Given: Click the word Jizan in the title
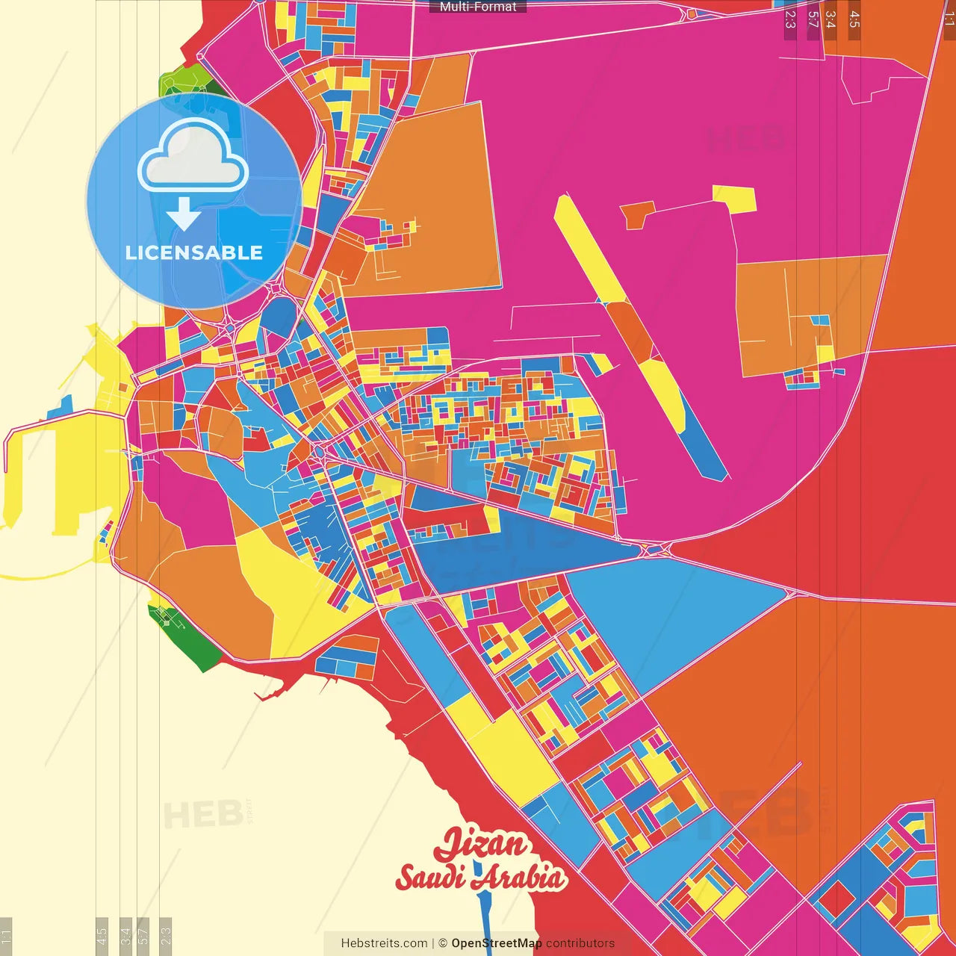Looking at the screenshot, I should tap(482, 845).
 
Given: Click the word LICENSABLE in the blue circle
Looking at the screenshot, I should tap(194, 252).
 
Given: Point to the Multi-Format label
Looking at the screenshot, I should tap(478, 7).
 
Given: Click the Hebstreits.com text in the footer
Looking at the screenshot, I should tap(384, 943).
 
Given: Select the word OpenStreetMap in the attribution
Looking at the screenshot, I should tap(496, 943).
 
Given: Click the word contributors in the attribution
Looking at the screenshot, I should tap(580, 943).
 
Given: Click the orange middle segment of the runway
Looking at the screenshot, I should tap(631, 332).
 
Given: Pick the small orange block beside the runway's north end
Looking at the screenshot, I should tap(637, 215).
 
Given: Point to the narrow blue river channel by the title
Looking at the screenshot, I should tap(482, 919).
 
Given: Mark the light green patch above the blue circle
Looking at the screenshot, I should tap(183, 78).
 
